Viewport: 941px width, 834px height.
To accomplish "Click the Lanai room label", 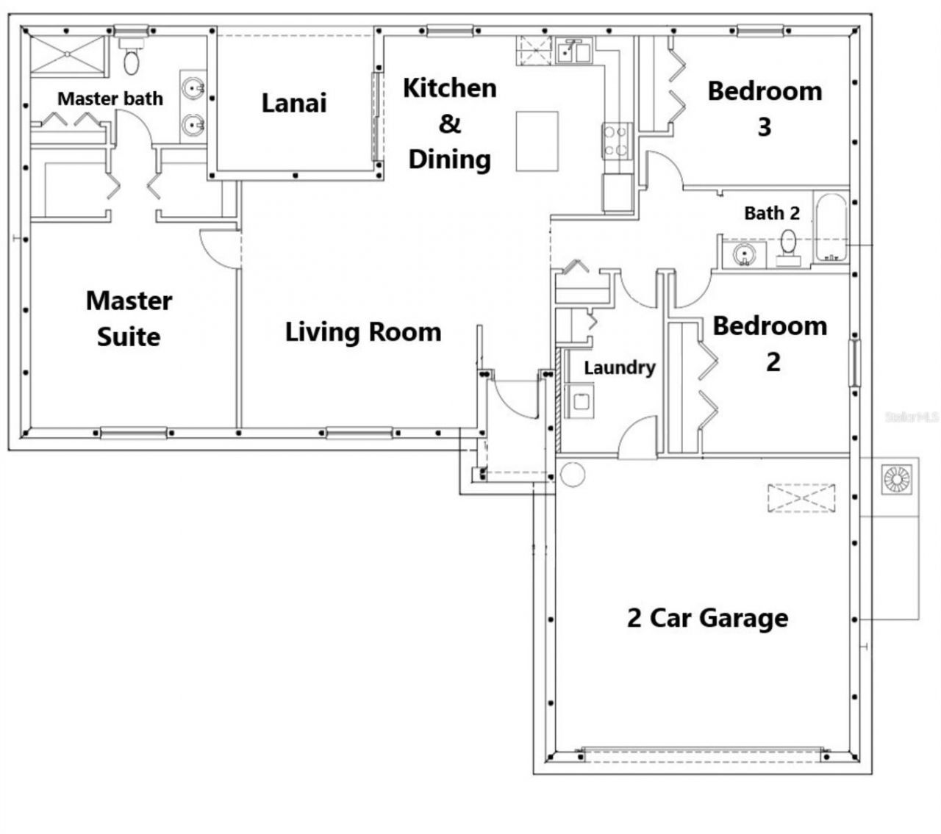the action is (x=294, y=103).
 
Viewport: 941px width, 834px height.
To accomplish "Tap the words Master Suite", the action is (x=129, y=319).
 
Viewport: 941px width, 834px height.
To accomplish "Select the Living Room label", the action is (x=363, y=332).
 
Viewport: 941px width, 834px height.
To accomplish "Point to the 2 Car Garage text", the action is (x=707, y=618).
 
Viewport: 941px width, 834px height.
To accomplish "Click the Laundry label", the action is (x=620, y=368).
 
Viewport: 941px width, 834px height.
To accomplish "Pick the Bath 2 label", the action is (x=772, y=213).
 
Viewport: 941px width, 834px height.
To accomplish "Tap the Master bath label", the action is (x=110, y=99).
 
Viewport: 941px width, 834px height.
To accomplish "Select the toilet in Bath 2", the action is (x=788, y=248).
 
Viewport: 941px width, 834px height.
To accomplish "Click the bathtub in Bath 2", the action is (x=831, y=228).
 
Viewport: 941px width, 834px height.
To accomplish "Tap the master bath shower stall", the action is (x=68, y=54).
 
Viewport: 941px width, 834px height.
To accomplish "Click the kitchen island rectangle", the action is (x=537, y=141).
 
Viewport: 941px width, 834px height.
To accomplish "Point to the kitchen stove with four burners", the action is (x=618, y=140).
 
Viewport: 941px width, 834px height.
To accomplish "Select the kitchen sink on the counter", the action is (x=574, y=51).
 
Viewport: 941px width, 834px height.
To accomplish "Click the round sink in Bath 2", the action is (x=744, y=255).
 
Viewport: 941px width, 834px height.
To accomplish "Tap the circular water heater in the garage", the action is (x=573, y=474).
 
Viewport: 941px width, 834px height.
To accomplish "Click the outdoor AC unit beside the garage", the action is (x=897, y=479).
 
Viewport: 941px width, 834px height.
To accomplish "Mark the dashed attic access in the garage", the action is (x=801, y=498).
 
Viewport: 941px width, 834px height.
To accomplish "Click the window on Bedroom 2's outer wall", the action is (x=854, y=363).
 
